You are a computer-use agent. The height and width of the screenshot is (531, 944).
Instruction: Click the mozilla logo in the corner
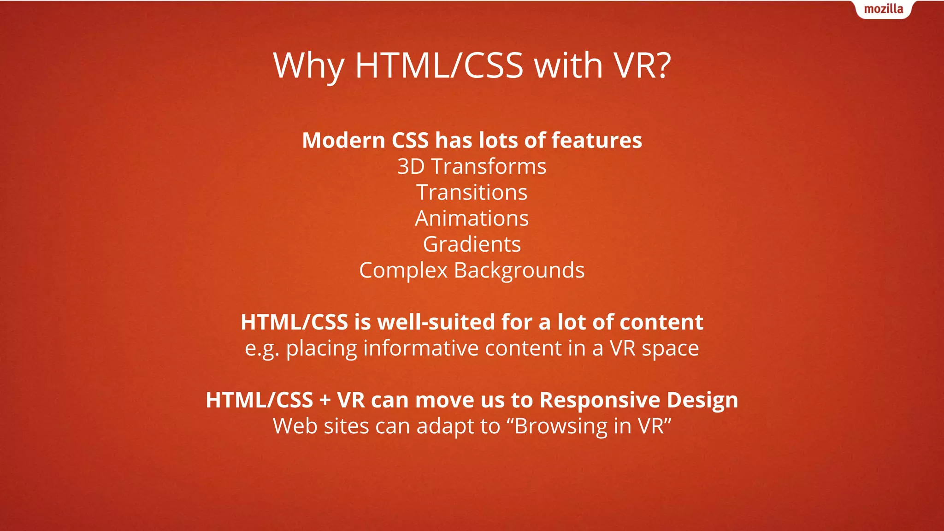click(883, 9)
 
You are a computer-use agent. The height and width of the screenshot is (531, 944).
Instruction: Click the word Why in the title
click(308, 66)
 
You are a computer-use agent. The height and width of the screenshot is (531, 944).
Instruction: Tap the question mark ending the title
click(662, 65)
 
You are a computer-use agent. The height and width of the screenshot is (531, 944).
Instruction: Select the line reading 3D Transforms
click(472, 166)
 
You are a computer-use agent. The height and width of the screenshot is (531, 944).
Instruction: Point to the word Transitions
click(472, 192)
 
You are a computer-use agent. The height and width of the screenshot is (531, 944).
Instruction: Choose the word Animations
click(472, 218)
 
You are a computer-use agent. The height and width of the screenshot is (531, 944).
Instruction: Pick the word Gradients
click(472, 244)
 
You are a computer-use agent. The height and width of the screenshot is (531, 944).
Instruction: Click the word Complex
click(403, 271)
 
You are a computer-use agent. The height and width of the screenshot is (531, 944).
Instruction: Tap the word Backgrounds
click(519, 271)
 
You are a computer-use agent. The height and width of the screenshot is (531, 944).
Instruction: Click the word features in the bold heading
click(596, 140)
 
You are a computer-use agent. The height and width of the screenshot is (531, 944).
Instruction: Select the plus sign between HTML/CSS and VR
click(325, 400)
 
